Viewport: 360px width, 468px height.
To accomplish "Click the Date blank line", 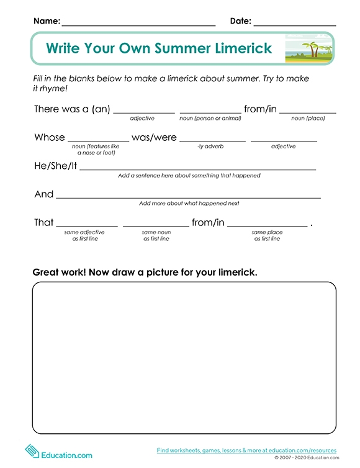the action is [x=294, y=24].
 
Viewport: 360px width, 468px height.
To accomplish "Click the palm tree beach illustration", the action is [x=308, y=48].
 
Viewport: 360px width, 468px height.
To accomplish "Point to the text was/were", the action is [x=154, y=137].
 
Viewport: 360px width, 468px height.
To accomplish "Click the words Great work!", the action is [x=57, y=272].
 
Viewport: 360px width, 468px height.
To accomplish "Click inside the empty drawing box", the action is [x=184, y=357].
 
